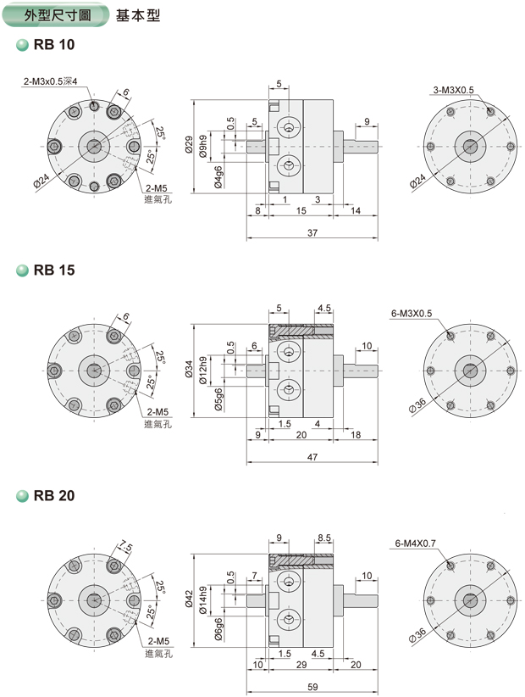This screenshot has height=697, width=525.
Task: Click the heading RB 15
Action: (x=55, y=270)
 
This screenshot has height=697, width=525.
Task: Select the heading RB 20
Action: (x=55, y=496)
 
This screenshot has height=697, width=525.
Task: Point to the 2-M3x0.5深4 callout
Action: (x=51, y=81)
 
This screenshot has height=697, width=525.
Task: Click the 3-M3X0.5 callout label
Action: (x=453, y=89)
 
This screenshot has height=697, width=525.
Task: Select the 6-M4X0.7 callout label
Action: (x=416, y=541)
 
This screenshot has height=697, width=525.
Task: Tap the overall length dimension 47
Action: (x=312, y=457)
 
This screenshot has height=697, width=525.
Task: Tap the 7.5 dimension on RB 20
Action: (x=126, y=545)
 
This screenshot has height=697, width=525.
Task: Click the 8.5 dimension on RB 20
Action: (x=323, y=538)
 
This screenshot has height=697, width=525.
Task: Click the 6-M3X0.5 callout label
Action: (x=412, y=314)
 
